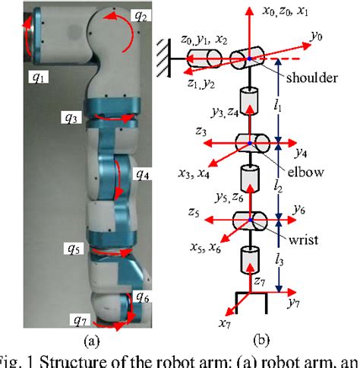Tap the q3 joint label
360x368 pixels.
pyautogui.click(x=71, y=119)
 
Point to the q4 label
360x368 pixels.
pyautogui.click(x=143, y=175)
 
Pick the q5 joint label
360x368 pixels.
pyautogui.click(x=74, y=248)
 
